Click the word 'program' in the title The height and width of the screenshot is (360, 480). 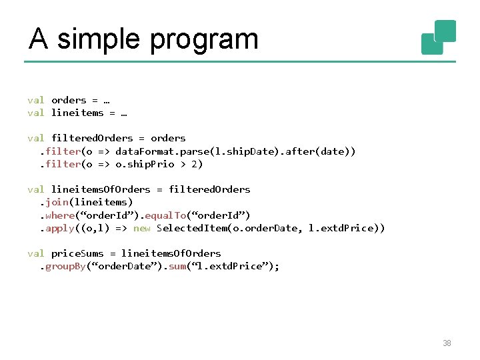pos(204,39)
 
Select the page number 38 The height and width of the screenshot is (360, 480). pos(447,343)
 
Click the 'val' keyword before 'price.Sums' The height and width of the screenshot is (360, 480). pos(35,253)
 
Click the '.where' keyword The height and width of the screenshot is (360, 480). pos(59,215)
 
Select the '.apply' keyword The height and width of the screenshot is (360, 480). pos(59,228)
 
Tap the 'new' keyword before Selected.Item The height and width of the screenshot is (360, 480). pos(142,228)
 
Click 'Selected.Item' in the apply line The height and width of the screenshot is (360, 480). pos(193,228)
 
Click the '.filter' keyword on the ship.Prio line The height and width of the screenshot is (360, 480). pos(59,164)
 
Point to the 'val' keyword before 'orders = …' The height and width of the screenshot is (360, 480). pos(35,100)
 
